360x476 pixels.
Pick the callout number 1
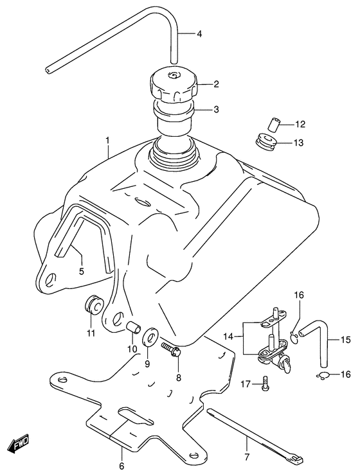(x=108, y=140)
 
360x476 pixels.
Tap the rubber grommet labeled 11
(x=93, y=305)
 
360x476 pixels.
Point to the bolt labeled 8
(x=172, y=350)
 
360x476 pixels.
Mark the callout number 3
(x=198, y=109)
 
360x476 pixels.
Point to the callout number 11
(x=91, y=332)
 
